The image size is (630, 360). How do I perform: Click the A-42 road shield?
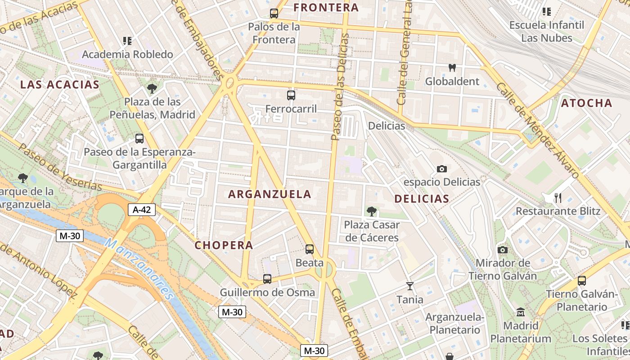pos(142,209)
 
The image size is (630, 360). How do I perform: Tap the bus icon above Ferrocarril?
pos(291,95)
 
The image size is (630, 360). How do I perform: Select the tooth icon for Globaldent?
pos(452,68)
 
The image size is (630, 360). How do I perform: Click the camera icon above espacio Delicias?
pos(442,169)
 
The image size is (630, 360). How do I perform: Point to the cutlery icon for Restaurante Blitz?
pos(558,198)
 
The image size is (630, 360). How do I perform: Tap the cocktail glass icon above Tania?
pos(409,286)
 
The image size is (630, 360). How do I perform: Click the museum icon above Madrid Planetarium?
pos(521,312)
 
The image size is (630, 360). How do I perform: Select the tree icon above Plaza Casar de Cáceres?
pos(371,211)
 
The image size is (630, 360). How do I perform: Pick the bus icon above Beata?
pos(310,249)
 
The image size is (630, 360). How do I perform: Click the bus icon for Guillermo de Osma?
pos(267,279)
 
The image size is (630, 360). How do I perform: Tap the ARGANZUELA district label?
pos(270,194)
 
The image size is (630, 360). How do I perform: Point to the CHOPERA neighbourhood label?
pos(224,246)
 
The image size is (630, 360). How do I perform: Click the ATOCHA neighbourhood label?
pos(586,103)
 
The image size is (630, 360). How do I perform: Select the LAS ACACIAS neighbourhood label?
pos(60,85)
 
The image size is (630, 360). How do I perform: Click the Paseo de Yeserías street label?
pos(60,168)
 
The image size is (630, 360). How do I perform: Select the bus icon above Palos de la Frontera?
pos(274,13)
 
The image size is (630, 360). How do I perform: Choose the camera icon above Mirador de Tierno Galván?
pos(503,250)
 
